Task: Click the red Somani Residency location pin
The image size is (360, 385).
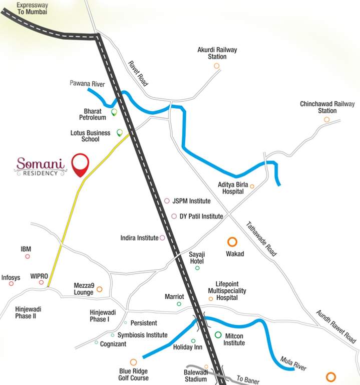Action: [x=80, y=164]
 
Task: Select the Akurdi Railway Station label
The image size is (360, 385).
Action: [x=217, y=53]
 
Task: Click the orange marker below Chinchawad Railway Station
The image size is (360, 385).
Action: [x=326, y=119]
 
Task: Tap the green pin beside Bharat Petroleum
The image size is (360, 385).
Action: [x=114, y=112]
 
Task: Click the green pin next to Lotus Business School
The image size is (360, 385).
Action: [x=119, y=133]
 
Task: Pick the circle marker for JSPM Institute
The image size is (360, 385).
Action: [x=167, y=201]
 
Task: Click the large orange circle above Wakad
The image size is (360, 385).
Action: [x=232, y=242]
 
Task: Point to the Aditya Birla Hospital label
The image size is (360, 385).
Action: [x=230, y=188]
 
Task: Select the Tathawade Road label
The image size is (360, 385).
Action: [x=260, y=239]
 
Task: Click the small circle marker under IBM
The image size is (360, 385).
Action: [x=28, y=256]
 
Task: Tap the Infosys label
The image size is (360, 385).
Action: [x=11, y=277]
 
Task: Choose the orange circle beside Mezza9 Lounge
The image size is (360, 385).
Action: [x=100, y=289]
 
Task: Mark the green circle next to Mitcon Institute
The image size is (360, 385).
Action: [x=218, y=335]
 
